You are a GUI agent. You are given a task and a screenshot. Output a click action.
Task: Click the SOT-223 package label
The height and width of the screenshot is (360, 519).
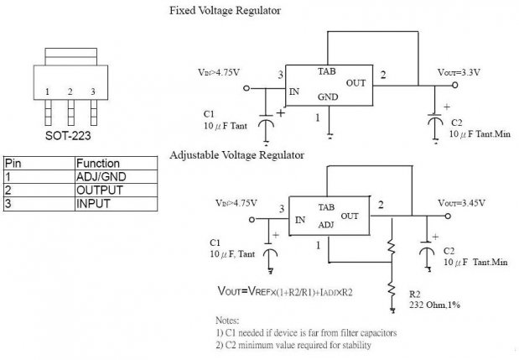68,135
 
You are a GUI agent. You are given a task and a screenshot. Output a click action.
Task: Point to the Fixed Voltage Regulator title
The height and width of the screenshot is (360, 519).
225,11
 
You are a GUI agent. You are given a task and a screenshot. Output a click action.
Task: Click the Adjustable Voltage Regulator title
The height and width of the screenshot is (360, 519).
236,155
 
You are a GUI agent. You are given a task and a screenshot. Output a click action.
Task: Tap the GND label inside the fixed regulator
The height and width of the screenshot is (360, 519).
328,97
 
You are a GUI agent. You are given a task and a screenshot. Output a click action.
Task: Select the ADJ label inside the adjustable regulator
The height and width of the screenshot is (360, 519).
326,225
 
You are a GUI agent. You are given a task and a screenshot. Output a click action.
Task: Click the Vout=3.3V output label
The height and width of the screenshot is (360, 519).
459,72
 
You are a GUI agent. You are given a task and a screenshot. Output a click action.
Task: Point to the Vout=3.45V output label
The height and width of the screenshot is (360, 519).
461,203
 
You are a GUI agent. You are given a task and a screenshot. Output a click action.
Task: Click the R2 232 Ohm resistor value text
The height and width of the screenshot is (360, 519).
434,305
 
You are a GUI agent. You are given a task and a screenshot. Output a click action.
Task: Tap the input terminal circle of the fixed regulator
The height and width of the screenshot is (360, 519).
247,88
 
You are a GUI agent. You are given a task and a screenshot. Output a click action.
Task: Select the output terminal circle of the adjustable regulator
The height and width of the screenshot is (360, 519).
448,216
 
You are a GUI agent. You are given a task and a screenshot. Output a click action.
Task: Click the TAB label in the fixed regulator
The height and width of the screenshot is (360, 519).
327,71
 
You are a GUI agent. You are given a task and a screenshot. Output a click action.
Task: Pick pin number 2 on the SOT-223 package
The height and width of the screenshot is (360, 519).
70,91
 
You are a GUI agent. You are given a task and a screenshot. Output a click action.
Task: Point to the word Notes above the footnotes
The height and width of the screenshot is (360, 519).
227,321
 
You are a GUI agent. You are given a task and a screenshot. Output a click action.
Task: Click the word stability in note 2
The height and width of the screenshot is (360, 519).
356,346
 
